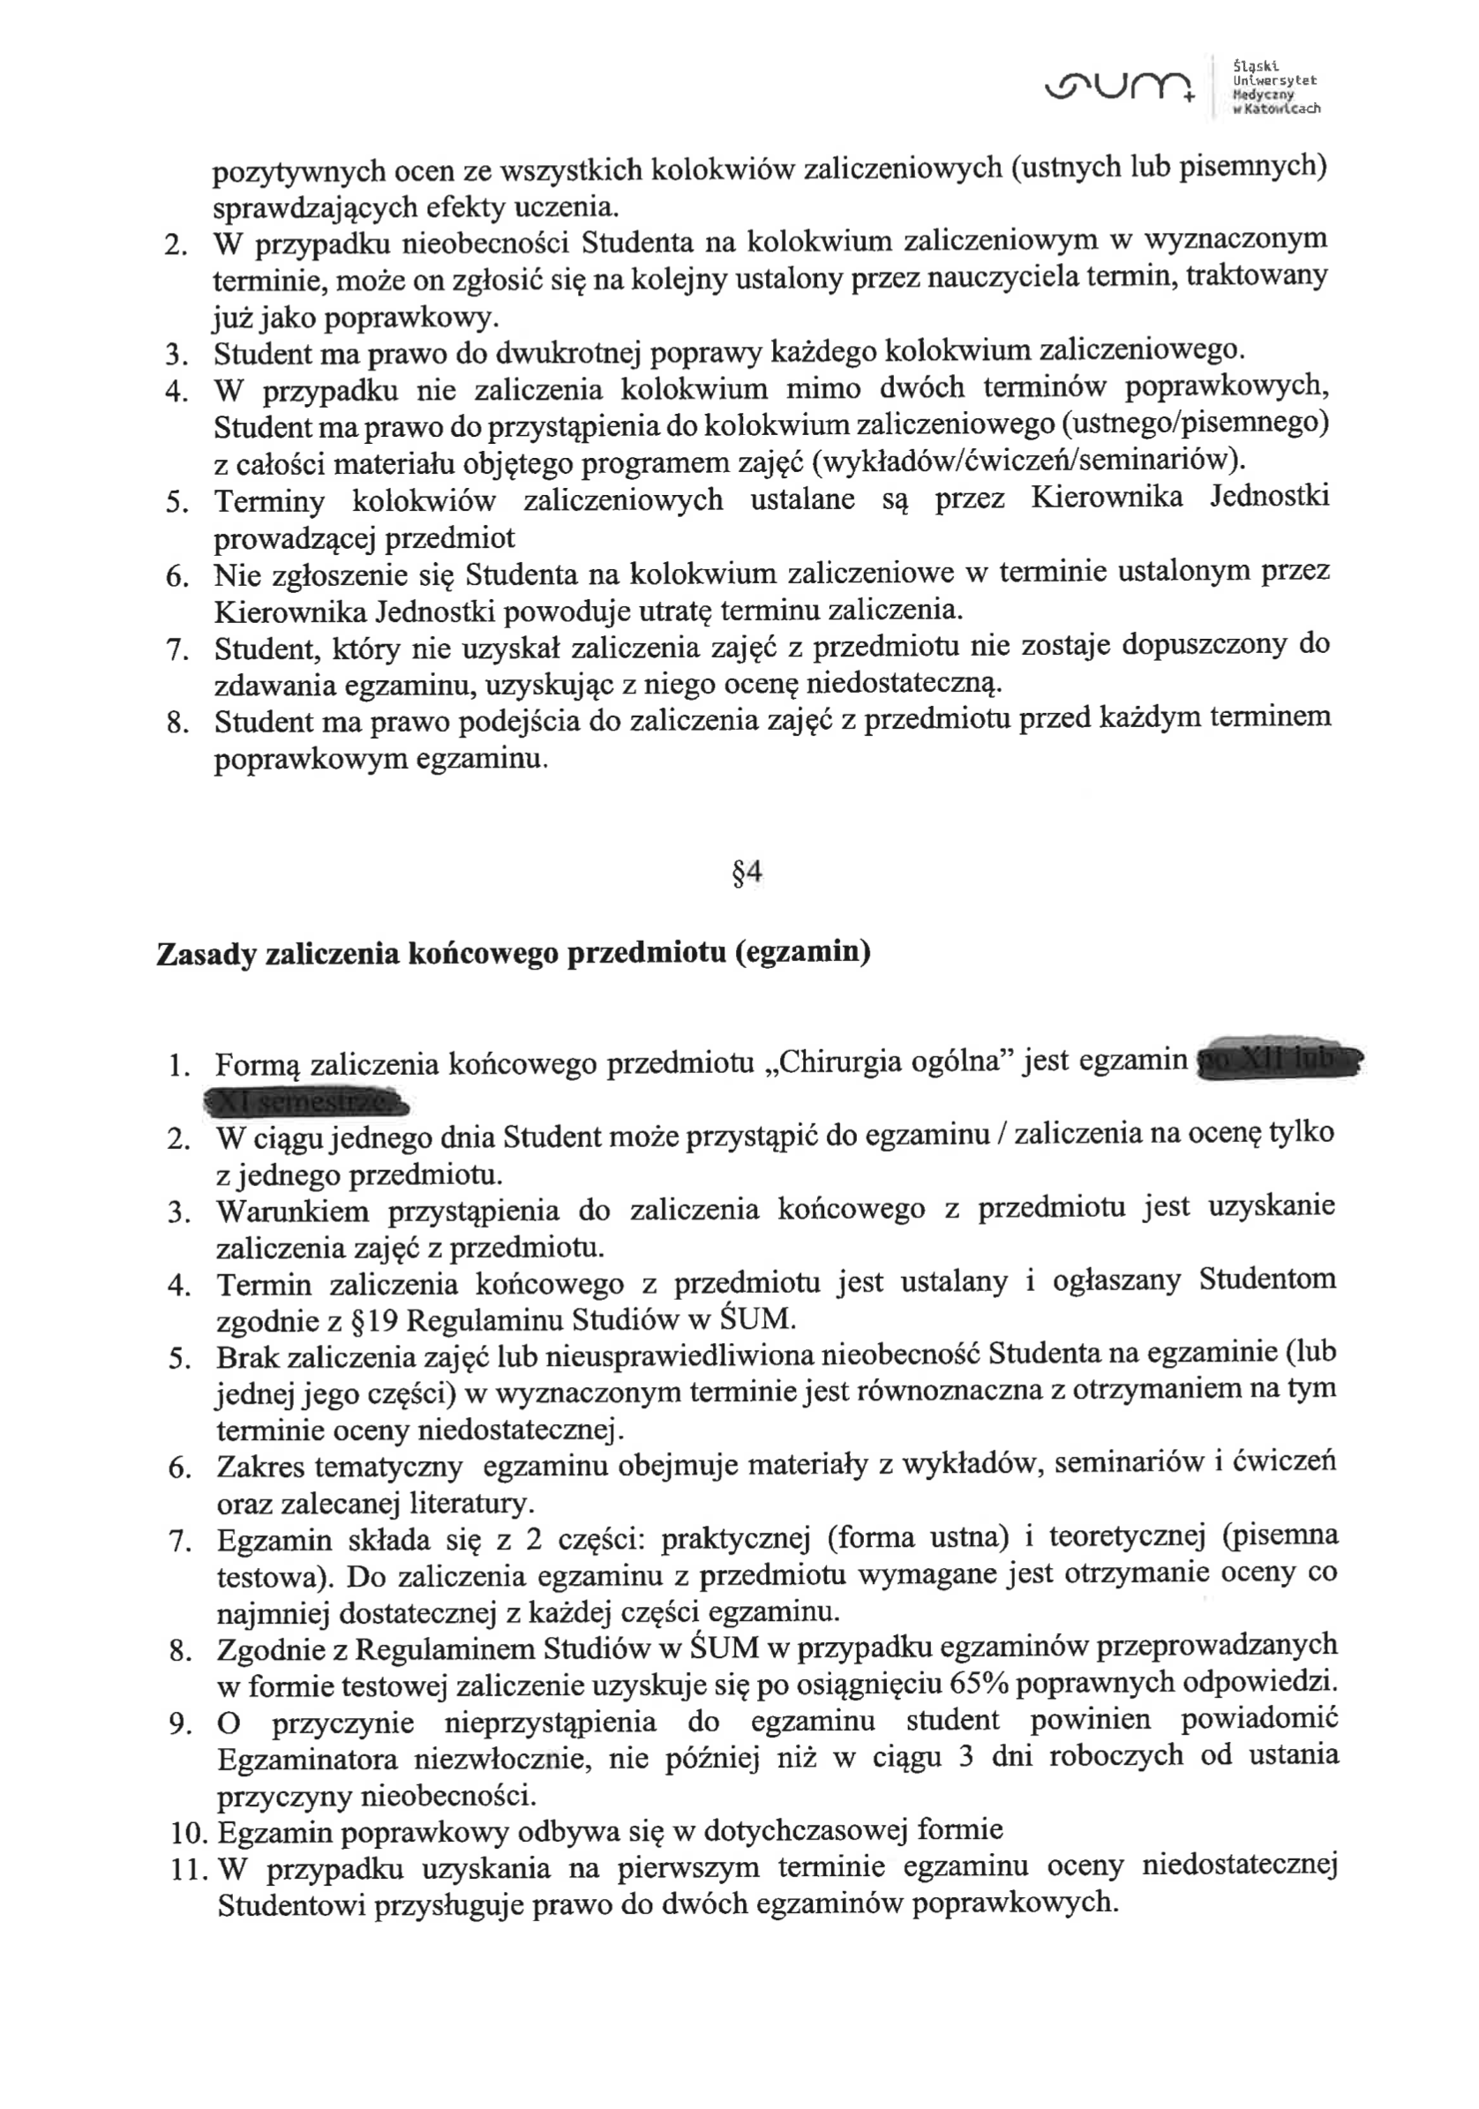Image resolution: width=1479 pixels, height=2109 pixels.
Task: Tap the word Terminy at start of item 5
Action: pyautogui.click(x=269, y=501)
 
